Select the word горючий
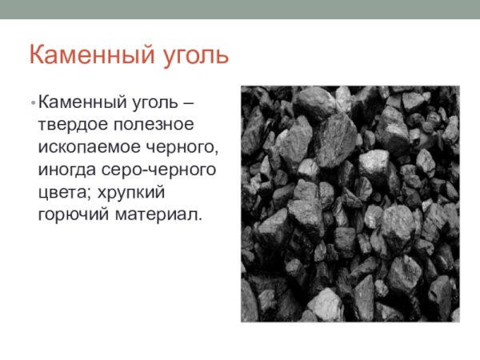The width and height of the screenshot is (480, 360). coord(70,215)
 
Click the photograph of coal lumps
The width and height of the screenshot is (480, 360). coord(350,203)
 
